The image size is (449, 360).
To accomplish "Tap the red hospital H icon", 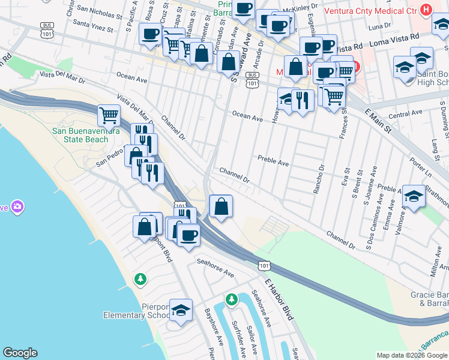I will pos(426,10).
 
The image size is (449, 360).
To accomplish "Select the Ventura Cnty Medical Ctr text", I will pos(371,10).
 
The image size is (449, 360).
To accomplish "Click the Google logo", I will pos(20,353).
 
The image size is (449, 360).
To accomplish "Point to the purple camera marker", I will pos(17,207).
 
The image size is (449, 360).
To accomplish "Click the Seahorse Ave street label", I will pos(215,267).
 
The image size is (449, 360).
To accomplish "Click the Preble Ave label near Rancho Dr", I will pos(273,161).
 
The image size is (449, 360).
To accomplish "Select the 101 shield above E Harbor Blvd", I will pos(264,264).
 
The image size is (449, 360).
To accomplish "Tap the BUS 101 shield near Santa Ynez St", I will pos(46,28).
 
